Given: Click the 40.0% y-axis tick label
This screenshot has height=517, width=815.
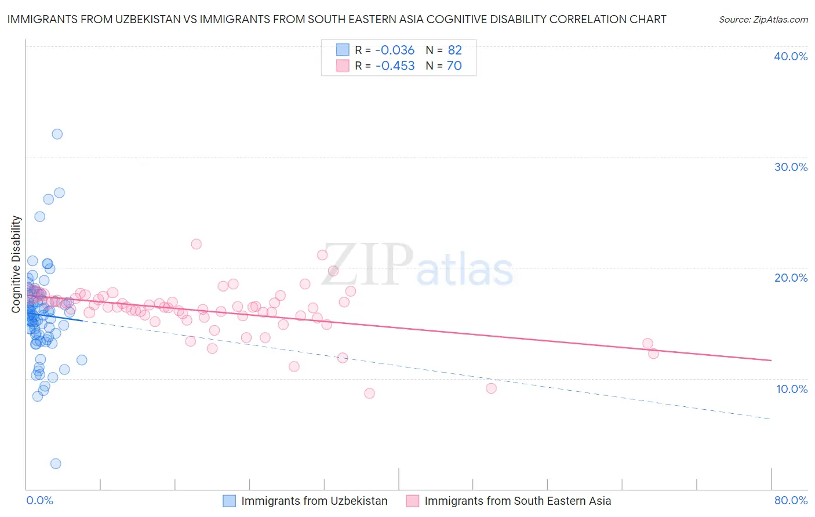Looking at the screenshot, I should tap(791, 56).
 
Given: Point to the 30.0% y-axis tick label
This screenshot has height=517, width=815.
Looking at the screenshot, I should tap(791, 167).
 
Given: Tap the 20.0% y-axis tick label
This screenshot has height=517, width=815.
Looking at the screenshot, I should tap(791, 278).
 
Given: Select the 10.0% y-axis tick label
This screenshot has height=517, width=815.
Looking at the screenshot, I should tap(791, 389).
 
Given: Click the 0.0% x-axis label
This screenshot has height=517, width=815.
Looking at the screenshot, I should tap(39, 500).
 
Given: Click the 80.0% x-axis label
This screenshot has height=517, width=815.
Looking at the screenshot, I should tap(791, 500).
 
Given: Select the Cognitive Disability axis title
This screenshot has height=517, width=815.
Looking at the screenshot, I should tap(16, 264).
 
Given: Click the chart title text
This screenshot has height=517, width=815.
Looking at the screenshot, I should tap(336, 19).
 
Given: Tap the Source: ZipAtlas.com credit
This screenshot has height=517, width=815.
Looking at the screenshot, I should tap(763, 19).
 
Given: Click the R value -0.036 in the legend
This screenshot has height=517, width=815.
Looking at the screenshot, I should tap(395, 50).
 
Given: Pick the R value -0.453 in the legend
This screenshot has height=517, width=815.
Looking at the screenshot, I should tap(395, 65).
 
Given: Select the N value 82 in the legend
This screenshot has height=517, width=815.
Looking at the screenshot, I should tap(454, 50).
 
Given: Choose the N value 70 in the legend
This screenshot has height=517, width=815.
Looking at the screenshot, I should tap(454, 65).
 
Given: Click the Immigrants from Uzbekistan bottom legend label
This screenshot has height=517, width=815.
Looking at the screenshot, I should tap(314, 501).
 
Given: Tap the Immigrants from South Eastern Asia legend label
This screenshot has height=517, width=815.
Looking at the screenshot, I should tap(518, 501).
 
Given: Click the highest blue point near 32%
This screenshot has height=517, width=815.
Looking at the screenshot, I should tap(57, 134).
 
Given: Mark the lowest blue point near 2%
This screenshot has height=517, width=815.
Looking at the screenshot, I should tap(56, 464).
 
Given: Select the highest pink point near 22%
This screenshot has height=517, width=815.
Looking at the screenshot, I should tap(197, 244).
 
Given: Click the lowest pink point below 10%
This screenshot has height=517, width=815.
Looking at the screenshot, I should tap(369, 394).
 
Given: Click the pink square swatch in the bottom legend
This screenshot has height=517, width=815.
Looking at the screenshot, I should tap(413, 501).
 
